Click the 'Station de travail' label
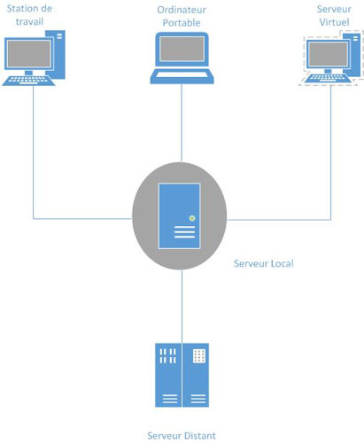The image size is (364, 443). click(x=29, y=15)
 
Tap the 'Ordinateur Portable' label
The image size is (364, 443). click(x=182, y=16)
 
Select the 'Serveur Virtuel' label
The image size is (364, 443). click(x=334, y=15)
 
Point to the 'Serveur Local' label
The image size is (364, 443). click(x=264, y=263)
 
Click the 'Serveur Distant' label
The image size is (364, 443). click(x=182, y=436)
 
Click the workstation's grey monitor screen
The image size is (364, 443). click(x=29, y=53)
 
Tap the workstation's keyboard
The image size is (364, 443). click(x=28, y=81)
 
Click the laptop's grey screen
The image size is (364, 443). click(x=182, y=49)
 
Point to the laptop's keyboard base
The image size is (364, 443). click(x=182, y=77)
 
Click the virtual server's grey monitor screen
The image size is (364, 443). click(x=328, y=54)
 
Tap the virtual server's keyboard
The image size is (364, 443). click(x=328, y=78)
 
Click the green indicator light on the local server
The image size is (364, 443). click(x=192, y=218)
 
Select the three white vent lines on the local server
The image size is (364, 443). click(x=184, y=232)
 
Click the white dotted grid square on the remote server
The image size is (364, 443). click(x=199, y=356)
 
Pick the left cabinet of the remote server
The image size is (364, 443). click(x=168, y=375)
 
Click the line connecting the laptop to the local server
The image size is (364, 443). click(x=182, y=123)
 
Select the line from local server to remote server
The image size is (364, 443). click(x=182, y=307)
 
